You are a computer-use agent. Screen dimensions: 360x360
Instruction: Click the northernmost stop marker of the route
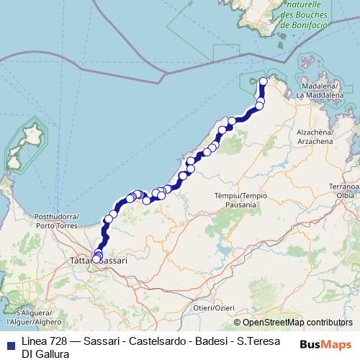(264, 81)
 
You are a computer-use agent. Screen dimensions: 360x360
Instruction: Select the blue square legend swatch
(10, 342)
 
